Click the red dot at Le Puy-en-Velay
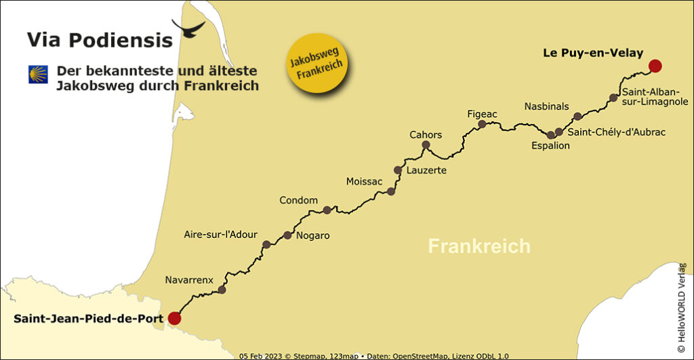pos(654,66)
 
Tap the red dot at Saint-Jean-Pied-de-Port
pos(174,318)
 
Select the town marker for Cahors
pos(426,145)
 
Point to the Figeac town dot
pos(482,125)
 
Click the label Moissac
pos(364,182)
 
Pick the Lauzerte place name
pos(426,170)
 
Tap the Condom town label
pos(298,200)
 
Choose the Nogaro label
pos(313,235)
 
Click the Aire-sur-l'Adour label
pos(221,235)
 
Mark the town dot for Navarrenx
pos(222,289)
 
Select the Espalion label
pos(550,146)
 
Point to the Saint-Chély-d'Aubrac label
pos(616,132)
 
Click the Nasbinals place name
pos(546,106)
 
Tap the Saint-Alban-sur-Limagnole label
pos(655,96)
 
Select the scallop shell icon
pos(38,75)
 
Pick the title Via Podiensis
pos(100,40)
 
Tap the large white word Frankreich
pos(479,245)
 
